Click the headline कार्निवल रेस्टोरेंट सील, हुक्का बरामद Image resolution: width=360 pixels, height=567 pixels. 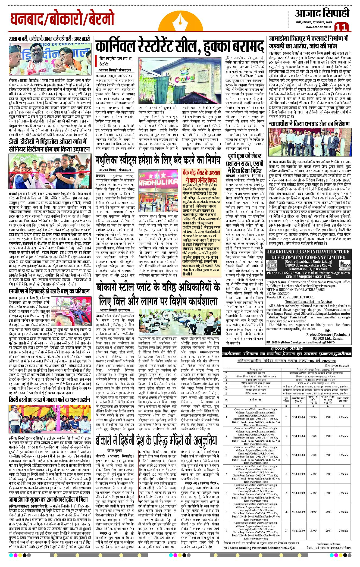[180, 47]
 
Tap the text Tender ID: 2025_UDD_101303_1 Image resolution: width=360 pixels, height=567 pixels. [290, 297]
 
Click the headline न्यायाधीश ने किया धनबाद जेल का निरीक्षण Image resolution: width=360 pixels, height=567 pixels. [309, 124]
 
